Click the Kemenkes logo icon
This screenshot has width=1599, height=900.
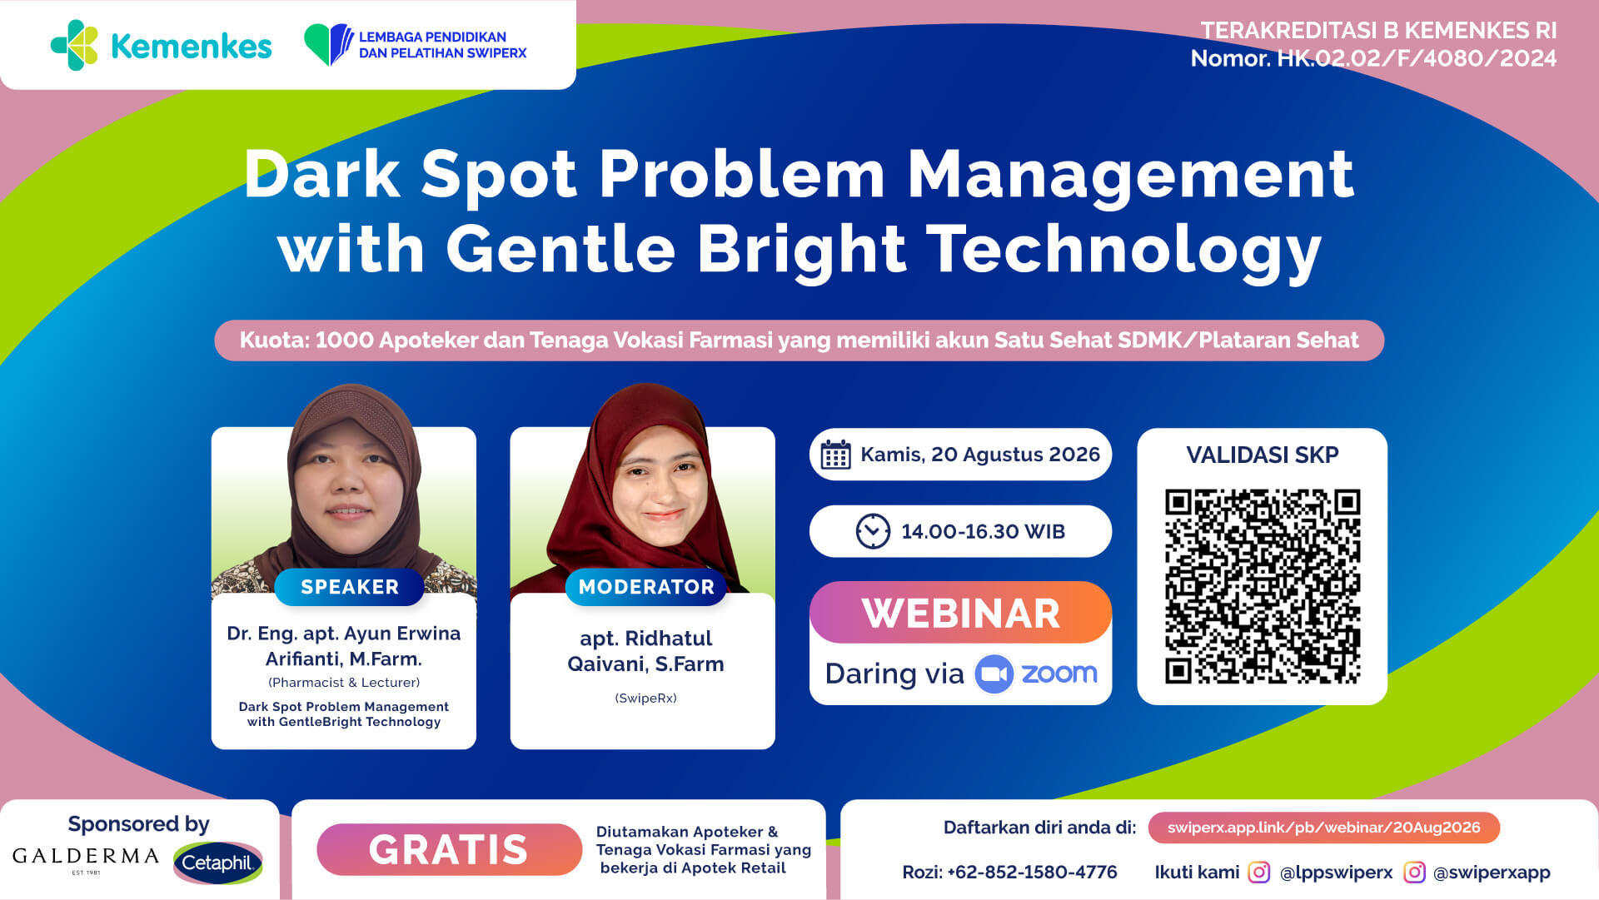74,45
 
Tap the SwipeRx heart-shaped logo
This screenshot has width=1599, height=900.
329,44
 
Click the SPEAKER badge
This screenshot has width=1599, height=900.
350,587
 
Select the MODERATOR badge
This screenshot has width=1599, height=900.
646,587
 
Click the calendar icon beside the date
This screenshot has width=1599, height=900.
835,455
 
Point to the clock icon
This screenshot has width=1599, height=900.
873,531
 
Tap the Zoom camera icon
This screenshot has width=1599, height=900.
994,674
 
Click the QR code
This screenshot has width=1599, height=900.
1262,586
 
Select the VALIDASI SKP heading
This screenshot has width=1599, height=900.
1262,455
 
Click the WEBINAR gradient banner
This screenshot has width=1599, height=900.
960,613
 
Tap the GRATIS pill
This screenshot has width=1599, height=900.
449,849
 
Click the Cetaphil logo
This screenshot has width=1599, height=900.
218,863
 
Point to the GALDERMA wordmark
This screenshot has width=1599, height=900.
86,857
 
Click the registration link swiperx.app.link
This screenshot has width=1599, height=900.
1323,828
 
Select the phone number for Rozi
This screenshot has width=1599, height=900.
1032,872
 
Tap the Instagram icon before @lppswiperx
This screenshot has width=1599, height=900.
1258,872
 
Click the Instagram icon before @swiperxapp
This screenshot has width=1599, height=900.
1414,872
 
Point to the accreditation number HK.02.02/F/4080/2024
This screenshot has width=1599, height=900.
1417,58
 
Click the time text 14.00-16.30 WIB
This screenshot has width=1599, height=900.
983,531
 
